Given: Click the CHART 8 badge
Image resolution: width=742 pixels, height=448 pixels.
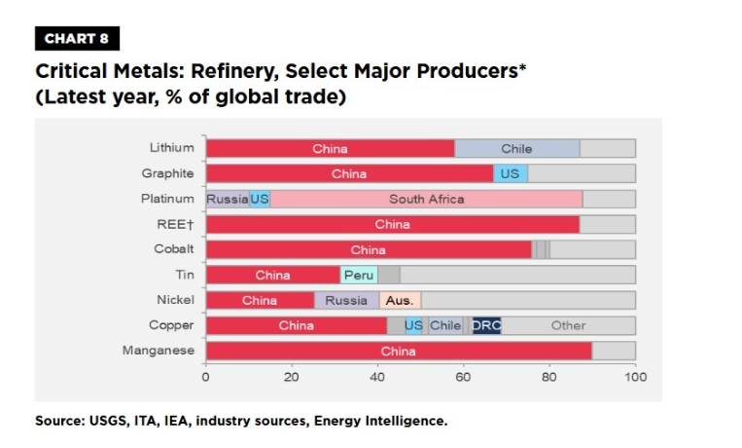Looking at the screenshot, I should pos(76,38).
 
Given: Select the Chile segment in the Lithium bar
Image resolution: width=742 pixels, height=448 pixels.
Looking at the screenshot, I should pos(516,149).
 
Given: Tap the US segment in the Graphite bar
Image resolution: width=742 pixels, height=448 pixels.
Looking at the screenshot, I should pos(510,174).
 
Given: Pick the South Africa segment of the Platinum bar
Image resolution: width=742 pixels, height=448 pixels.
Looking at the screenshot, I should pos(426,200).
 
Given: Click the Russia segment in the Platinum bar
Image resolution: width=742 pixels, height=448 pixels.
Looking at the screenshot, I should pos(228,200).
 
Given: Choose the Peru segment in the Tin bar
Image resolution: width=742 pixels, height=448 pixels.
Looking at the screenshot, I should pos(359,276).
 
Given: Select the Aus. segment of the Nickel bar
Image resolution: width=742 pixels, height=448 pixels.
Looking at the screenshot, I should pos(400,301).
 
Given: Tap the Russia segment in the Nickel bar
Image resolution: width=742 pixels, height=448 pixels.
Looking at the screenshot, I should pos(346,301).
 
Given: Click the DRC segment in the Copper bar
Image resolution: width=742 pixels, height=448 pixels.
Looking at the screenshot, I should pos(485,326).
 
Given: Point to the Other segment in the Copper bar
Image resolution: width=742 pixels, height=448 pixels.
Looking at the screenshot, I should pos(568,326).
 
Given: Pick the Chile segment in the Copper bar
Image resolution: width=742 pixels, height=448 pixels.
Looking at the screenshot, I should pos(445,326).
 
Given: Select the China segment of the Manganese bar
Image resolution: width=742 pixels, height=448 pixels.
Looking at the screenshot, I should pos(399,352).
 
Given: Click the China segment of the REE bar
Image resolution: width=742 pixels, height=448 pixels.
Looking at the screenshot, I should pos(392,225).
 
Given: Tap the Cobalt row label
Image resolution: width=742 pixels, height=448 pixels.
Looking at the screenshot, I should pos(174,249).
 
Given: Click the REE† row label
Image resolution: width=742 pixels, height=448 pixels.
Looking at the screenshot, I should pos(178,224).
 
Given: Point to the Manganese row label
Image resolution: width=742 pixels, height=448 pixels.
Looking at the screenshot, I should pos(159,351).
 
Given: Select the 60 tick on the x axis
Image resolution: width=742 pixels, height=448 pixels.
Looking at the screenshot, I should pos(464,377).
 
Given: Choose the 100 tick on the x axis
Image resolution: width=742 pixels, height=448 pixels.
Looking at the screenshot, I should pos(635,377).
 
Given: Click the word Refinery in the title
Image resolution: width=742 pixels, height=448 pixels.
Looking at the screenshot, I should pos(236,72).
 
